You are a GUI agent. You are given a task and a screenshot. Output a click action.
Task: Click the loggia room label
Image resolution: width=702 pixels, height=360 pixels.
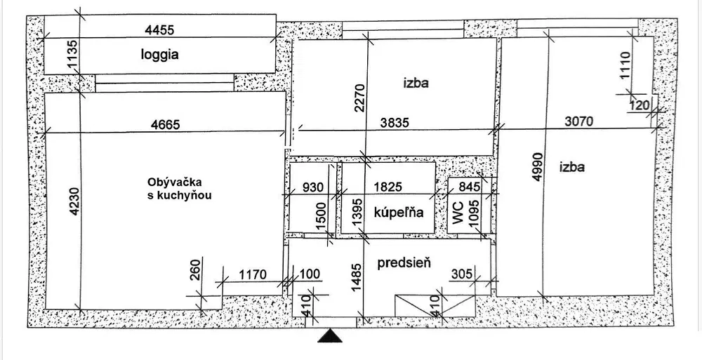coord(160,55)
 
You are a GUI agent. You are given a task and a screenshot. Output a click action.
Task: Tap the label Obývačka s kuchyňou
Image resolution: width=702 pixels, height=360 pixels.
coord(179,189)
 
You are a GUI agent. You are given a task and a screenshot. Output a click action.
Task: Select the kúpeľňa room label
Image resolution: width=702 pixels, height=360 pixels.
coord(399,212)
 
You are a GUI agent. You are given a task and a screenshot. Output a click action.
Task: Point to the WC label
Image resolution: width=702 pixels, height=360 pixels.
coord(458,213)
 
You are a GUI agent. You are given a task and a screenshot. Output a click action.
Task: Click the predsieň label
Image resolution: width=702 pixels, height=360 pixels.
coord(404,263)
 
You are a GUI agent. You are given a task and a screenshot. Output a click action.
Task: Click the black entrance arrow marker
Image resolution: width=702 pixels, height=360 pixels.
coord(330,335)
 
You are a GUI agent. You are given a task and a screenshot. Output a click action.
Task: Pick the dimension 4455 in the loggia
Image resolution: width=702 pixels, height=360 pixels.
coord(159,30)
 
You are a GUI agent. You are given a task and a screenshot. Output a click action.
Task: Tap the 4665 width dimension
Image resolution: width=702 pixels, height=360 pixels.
coord(165,124)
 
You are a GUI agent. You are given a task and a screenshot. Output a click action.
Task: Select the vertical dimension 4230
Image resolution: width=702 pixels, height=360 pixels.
coord(74,201)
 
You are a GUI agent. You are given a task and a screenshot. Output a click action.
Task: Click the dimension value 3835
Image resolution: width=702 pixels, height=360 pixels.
coord(395,122)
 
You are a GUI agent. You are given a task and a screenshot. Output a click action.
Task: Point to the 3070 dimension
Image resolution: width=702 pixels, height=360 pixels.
coord(578,121)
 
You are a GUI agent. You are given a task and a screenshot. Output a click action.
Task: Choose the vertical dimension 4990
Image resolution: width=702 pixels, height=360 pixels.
coord(538,167)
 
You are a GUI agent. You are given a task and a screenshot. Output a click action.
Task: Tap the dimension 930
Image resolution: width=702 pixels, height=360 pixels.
coord(312,187)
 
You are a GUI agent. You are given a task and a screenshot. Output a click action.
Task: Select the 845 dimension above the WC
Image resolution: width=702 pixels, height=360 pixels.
coord(470,186)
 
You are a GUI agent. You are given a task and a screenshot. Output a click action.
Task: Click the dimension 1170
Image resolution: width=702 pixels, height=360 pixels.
coord(253,274)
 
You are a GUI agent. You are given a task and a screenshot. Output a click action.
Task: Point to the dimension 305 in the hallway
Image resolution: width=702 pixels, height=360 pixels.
coord(463,273)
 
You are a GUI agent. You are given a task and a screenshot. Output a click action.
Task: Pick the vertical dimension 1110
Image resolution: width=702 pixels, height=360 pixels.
coord(625,65)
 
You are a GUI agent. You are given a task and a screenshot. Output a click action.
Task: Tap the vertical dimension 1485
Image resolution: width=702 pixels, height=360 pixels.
coord(357,278)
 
